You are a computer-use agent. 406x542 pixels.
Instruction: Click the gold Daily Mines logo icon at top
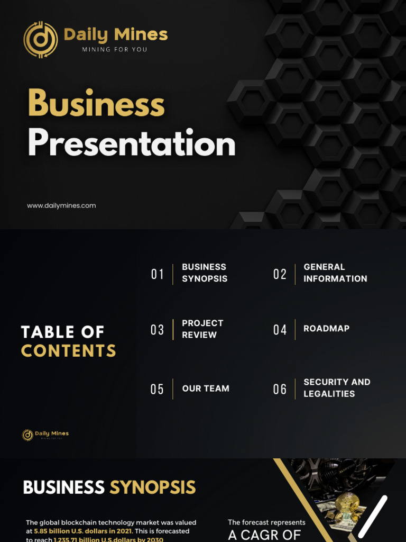click(x=41, y=39)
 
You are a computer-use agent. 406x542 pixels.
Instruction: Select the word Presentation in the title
click(x=131, y=143)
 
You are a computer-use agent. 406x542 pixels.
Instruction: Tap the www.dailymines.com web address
click(x=61, y=205)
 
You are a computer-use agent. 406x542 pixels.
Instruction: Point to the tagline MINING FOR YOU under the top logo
click(x=115, y=50)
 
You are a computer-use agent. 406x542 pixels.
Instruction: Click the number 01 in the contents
click(x=158, y=274)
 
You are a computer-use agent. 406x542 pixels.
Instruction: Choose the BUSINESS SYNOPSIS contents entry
click(x=205, y=273)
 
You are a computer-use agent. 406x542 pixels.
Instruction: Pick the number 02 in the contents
click(x=280, y=274)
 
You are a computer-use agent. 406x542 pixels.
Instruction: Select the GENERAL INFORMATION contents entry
click(x=335, y=273)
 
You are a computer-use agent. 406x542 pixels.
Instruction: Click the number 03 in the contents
click(x=158, y=330)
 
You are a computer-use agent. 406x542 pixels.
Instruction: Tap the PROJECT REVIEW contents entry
click(x=202, y=329)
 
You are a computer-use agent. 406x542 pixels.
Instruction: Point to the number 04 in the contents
click(x=280, y=330)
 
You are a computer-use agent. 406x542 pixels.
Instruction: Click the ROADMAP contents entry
click(x=326, y=329)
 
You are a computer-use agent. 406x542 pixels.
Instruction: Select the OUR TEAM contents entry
click(x=206, y=389)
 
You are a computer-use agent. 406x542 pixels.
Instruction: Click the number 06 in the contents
click(x=280, y=389)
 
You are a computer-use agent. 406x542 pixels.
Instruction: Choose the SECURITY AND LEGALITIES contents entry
click(x=337, y=387)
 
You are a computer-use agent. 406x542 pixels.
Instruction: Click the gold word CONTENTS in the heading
click(x=69, y=350)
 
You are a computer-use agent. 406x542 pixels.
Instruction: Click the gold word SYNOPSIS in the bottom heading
click(x=152, y=487)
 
